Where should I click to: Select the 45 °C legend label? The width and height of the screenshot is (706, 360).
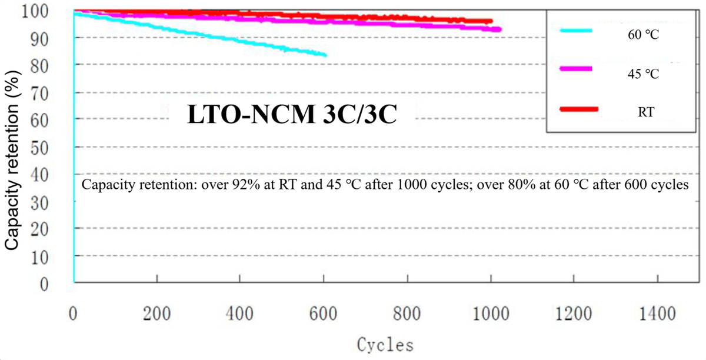[x=643, y=75]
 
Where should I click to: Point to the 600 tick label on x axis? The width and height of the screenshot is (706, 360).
[x=324, y=315]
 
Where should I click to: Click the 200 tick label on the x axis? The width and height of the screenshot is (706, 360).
[x=156, y=315]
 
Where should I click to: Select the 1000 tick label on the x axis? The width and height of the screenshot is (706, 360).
[x=489, y=315]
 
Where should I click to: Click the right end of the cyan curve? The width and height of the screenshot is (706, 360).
[x=325, y=55]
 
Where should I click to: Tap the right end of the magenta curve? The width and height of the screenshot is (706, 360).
[x=499, y=29]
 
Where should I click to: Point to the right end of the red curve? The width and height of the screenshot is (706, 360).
[x=491, y=21]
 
